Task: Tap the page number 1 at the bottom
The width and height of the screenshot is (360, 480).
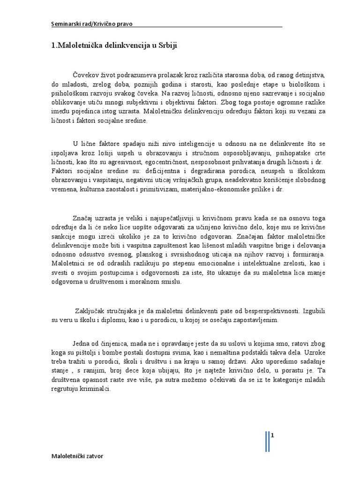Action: point(272,435)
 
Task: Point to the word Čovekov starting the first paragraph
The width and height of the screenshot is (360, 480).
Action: point(87,75)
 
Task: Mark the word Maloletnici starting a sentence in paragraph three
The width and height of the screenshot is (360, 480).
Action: point(71,262)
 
